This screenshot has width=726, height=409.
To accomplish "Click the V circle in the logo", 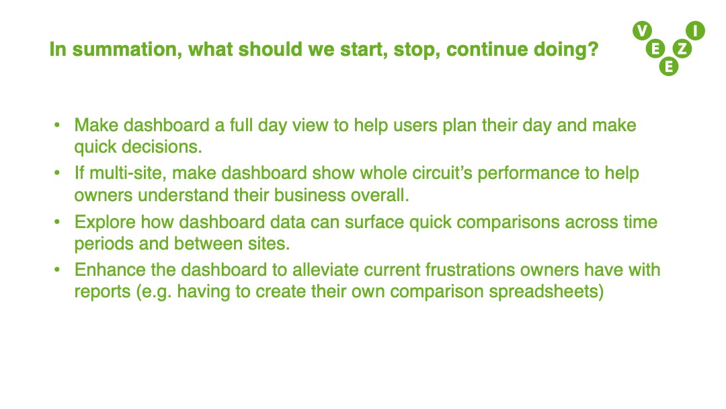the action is (642, 31).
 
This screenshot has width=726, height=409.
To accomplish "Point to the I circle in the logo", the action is (696, 30).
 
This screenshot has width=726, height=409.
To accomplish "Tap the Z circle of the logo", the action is (682, 48).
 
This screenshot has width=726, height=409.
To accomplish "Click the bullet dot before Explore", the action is (57, 222).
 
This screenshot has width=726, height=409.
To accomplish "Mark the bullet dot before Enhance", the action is (57, 270).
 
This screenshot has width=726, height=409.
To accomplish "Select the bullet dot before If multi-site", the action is (57, 174).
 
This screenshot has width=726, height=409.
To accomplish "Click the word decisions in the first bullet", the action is (161, 147).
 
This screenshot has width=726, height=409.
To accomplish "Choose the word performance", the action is (528, 174).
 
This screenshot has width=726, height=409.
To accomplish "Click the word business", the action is (309, 195).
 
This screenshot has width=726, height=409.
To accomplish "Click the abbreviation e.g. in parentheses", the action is (154, 293).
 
